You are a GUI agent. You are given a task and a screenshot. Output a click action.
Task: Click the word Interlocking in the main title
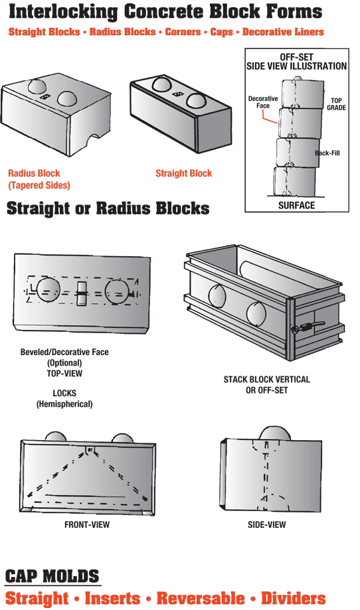63,12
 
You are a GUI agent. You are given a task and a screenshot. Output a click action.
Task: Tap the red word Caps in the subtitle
221,32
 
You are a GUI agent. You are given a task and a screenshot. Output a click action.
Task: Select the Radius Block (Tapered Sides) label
39,179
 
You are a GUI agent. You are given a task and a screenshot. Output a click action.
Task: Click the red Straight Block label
184,173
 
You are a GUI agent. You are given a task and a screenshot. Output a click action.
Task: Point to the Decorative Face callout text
263,102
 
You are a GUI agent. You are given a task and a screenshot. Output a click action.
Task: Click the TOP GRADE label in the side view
336,104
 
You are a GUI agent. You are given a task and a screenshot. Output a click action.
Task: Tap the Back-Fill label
327,153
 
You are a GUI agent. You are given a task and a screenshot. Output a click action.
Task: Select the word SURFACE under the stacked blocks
296,205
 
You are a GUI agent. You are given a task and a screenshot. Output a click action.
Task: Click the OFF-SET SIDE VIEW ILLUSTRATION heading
296,62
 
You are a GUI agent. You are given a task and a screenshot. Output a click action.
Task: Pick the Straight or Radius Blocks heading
108,208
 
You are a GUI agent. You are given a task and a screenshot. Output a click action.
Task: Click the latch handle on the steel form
310,326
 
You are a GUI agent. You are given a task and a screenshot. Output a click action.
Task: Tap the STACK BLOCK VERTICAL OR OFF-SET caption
266,384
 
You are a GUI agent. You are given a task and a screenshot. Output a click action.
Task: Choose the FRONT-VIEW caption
87,524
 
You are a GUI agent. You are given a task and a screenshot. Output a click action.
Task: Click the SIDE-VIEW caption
266,524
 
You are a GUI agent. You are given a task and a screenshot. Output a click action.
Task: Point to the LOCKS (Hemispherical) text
64,398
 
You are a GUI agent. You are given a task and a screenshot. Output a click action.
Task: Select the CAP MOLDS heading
52,575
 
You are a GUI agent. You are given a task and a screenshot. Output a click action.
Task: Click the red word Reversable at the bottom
201,598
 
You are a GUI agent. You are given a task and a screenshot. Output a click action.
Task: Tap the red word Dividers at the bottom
294,598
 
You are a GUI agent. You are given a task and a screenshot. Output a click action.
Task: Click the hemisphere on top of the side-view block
275,433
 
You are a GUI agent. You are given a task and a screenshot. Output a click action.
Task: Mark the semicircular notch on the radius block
93,139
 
